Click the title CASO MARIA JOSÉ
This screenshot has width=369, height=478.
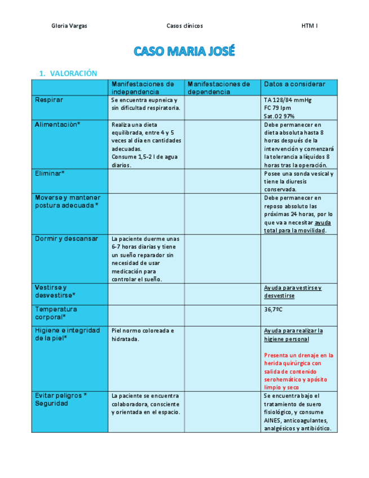(184, 52)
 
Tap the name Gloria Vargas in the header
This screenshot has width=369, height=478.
(69, 26)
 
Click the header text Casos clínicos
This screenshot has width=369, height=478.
(185, 26)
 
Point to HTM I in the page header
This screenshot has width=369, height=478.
(309, 26)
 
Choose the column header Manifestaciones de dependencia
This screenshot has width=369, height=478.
(219, 88)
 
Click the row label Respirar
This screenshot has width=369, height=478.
(49, 100)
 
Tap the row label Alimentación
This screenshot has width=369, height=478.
(57, 125)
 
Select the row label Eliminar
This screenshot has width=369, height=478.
(50, 174)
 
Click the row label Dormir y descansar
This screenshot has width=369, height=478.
(66, 238)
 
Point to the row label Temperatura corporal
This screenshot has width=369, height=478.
(56, 313)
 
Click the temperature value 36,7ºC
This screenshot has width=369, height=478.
(273, 309)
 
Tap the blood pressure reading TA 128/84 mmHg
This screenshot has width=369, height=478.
(287, 100)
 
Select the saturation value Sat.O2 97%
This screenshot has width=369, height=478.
(279, 116)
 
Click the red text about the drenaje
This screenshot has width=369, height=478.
(299, 371)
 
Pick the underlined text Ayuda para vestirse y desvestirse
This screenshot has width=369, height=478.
(293, 291)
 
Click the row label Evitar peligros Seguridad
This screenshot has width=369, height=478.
(61, 399)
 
